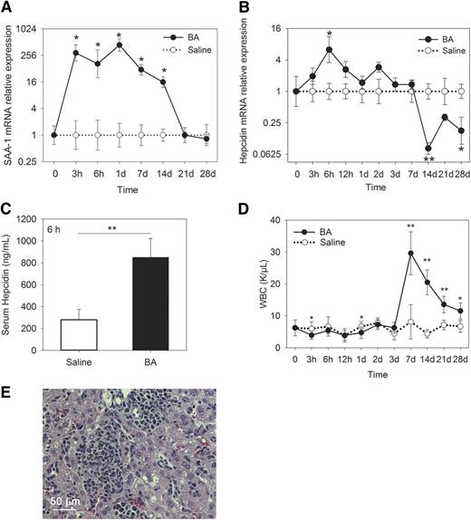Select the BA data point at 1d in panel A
[120, 44]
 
